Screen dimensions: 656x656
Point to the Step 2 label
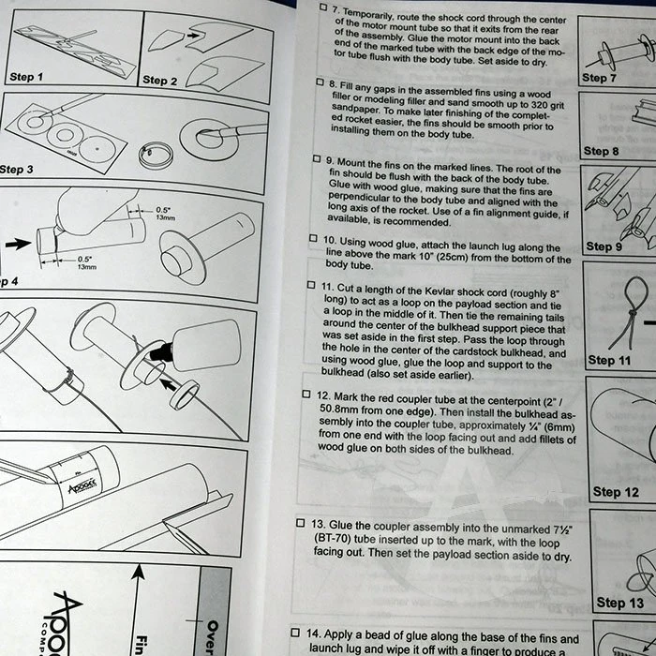(160, 81)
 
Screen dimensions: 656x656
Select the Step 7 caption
(600, 78)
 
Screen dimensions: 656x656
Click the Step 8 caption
(602, 150)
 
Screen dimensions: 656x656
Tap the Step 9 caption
(604, 246)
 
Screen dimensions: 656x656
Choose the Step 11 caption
(615, 360)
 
